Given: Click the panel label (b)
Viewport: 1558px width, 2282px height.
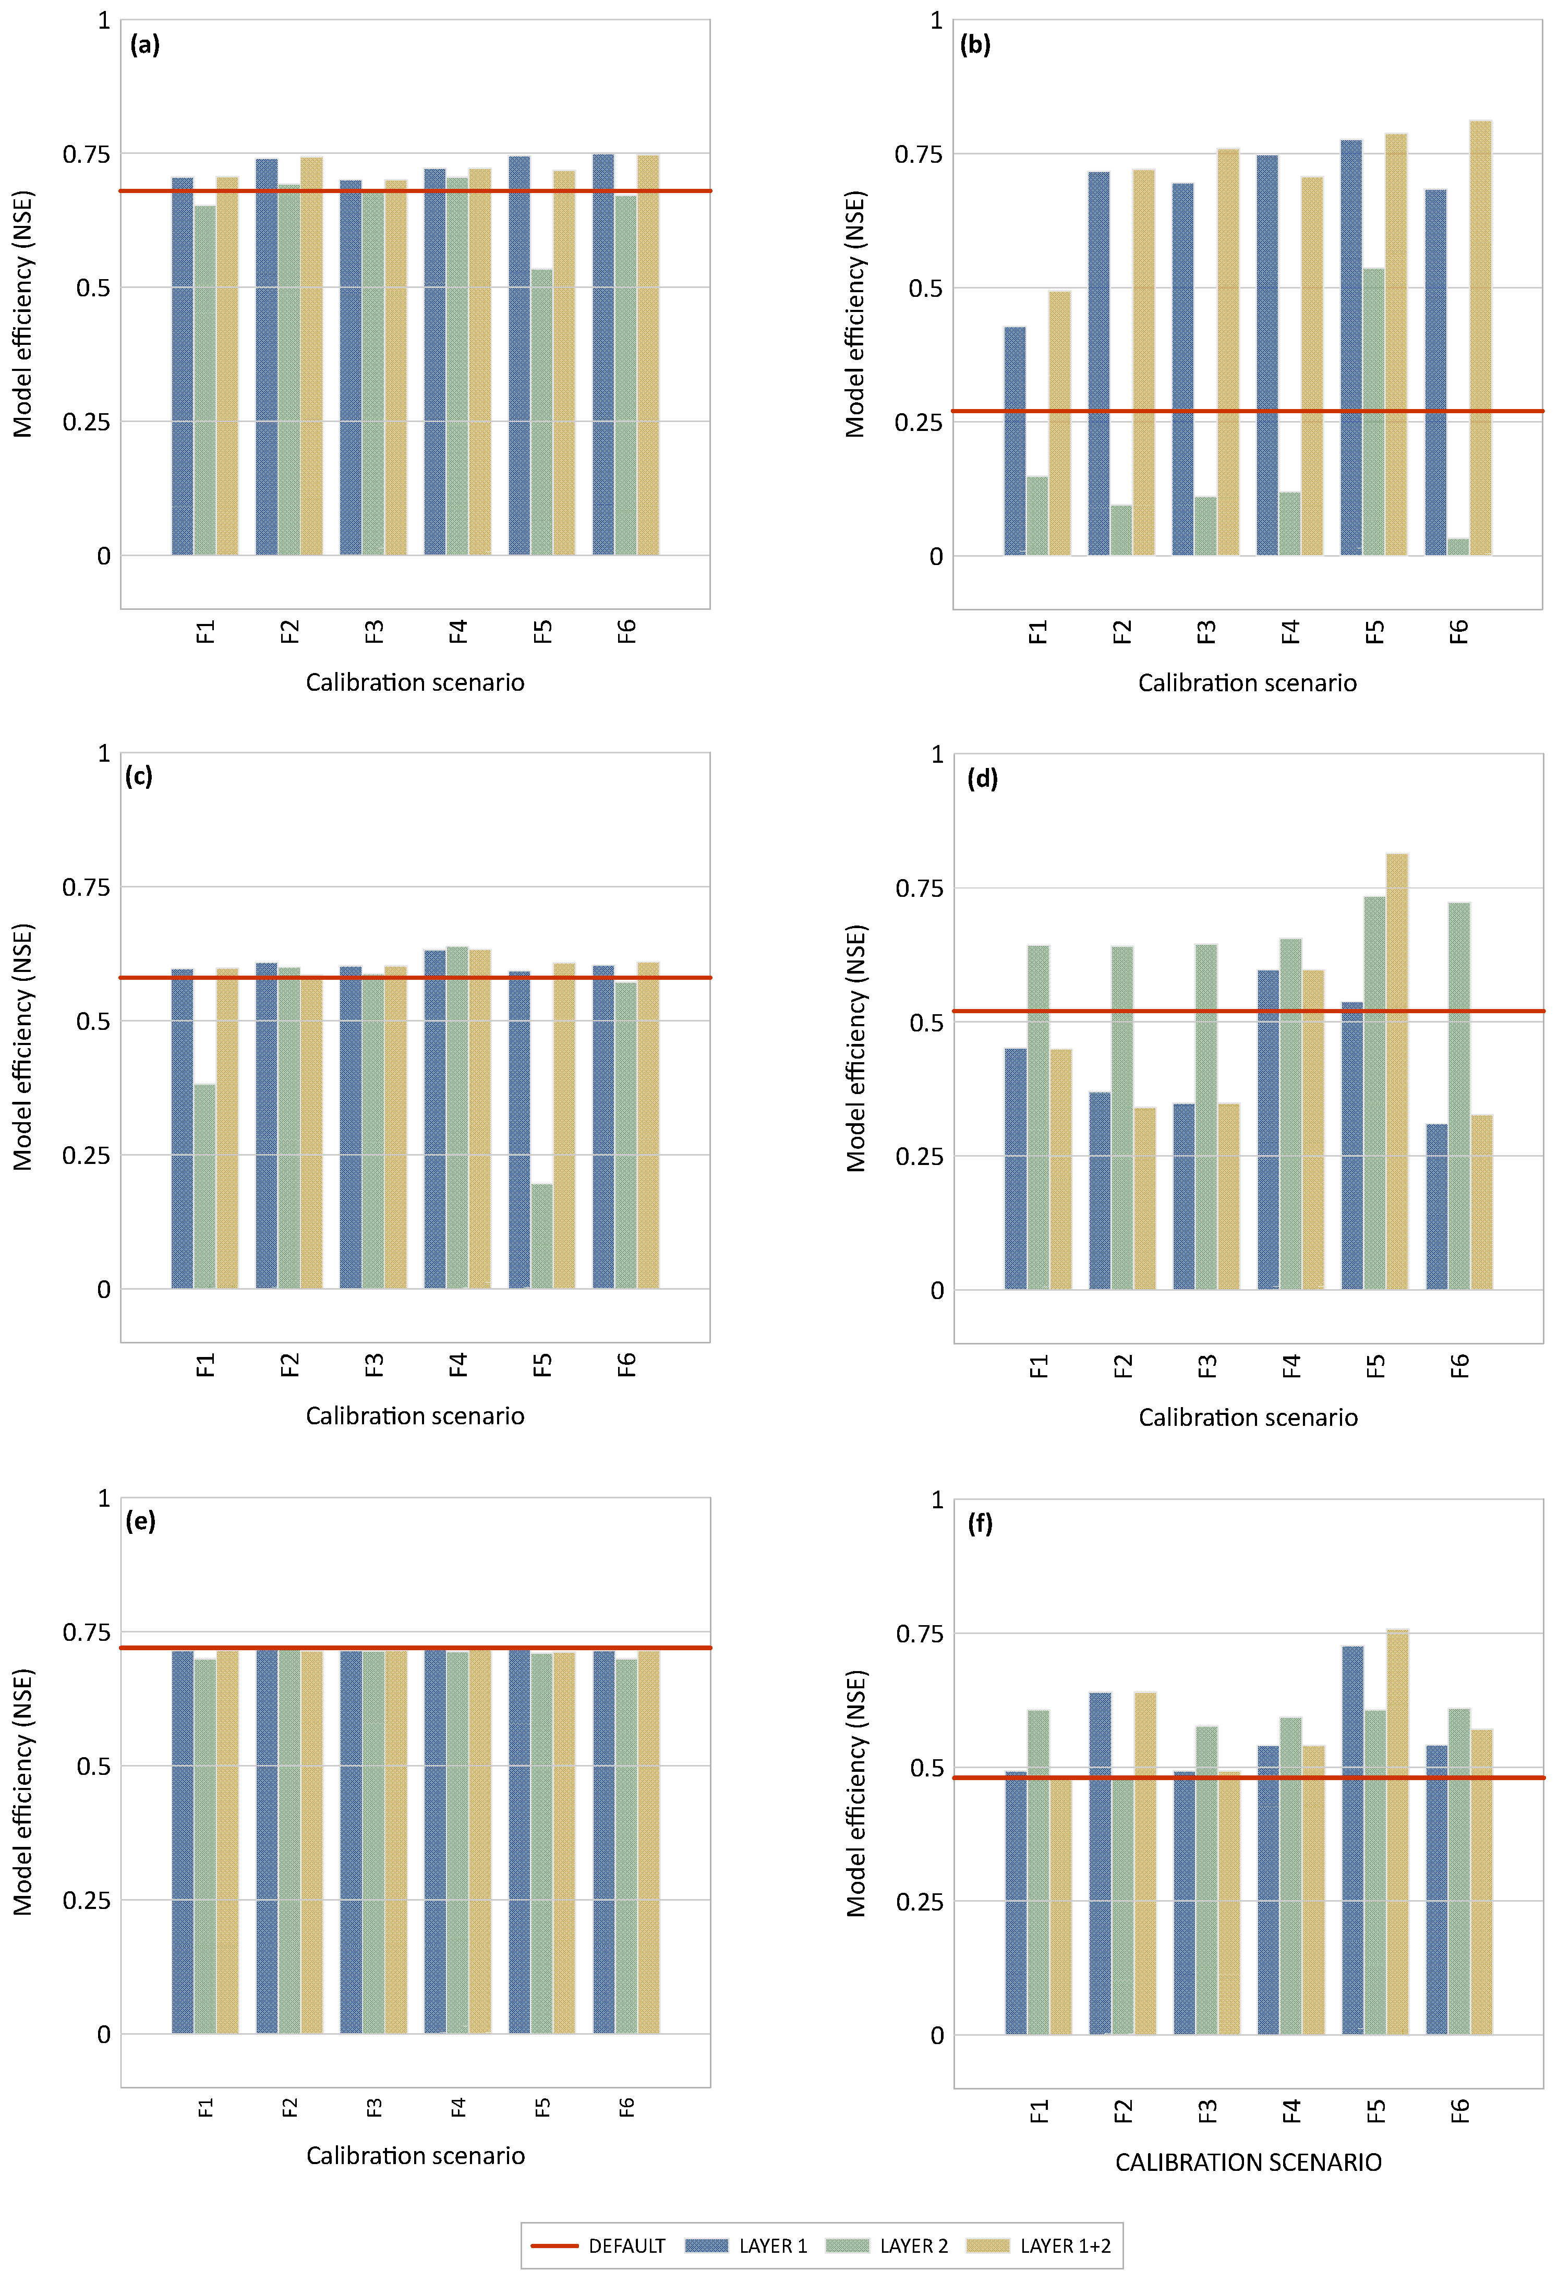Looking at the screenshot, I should click(975, 45).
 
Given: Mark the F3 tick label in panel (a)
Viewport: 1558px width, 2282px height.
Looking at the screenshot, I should click(374, 631).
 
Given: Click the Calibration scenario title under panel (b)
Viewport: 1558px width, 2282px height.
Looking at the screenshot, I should click(1247, 683).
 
